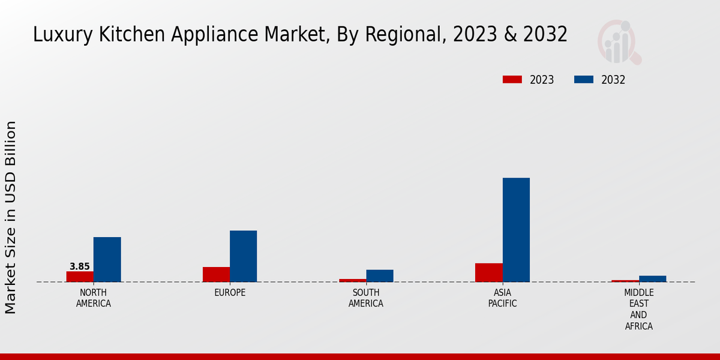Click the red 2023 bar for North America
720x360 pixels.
80,277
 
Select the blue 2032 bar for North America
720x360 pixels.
107,259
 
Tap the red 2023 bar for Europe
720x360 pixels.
216,274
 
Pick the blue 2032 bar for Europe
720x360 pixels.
243,256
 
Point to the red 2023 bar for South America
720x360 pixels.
352,280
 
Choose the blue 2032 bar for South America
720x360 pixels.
380,275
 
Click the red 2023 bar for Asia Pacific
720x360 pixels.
488,272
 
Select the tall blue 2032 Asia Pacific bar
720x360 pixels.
516,230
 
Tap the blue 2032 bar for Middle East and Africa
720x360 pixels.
652,278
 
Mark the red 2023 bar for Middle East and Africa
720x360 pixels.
625,281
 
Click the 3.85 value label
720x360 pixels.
80,266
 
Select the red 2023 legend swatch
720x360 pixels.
512,80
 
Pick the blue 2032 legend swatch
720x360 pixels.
583,80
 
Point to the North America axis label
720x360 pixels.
93,298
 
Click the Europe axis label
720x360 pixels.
230,293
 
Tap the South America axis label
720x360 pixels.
366,298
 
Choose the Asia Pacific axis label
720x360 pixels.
502,298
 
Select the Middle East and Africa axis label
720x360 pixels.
638,310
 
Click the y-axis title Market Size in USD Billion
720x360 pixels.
11,217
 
